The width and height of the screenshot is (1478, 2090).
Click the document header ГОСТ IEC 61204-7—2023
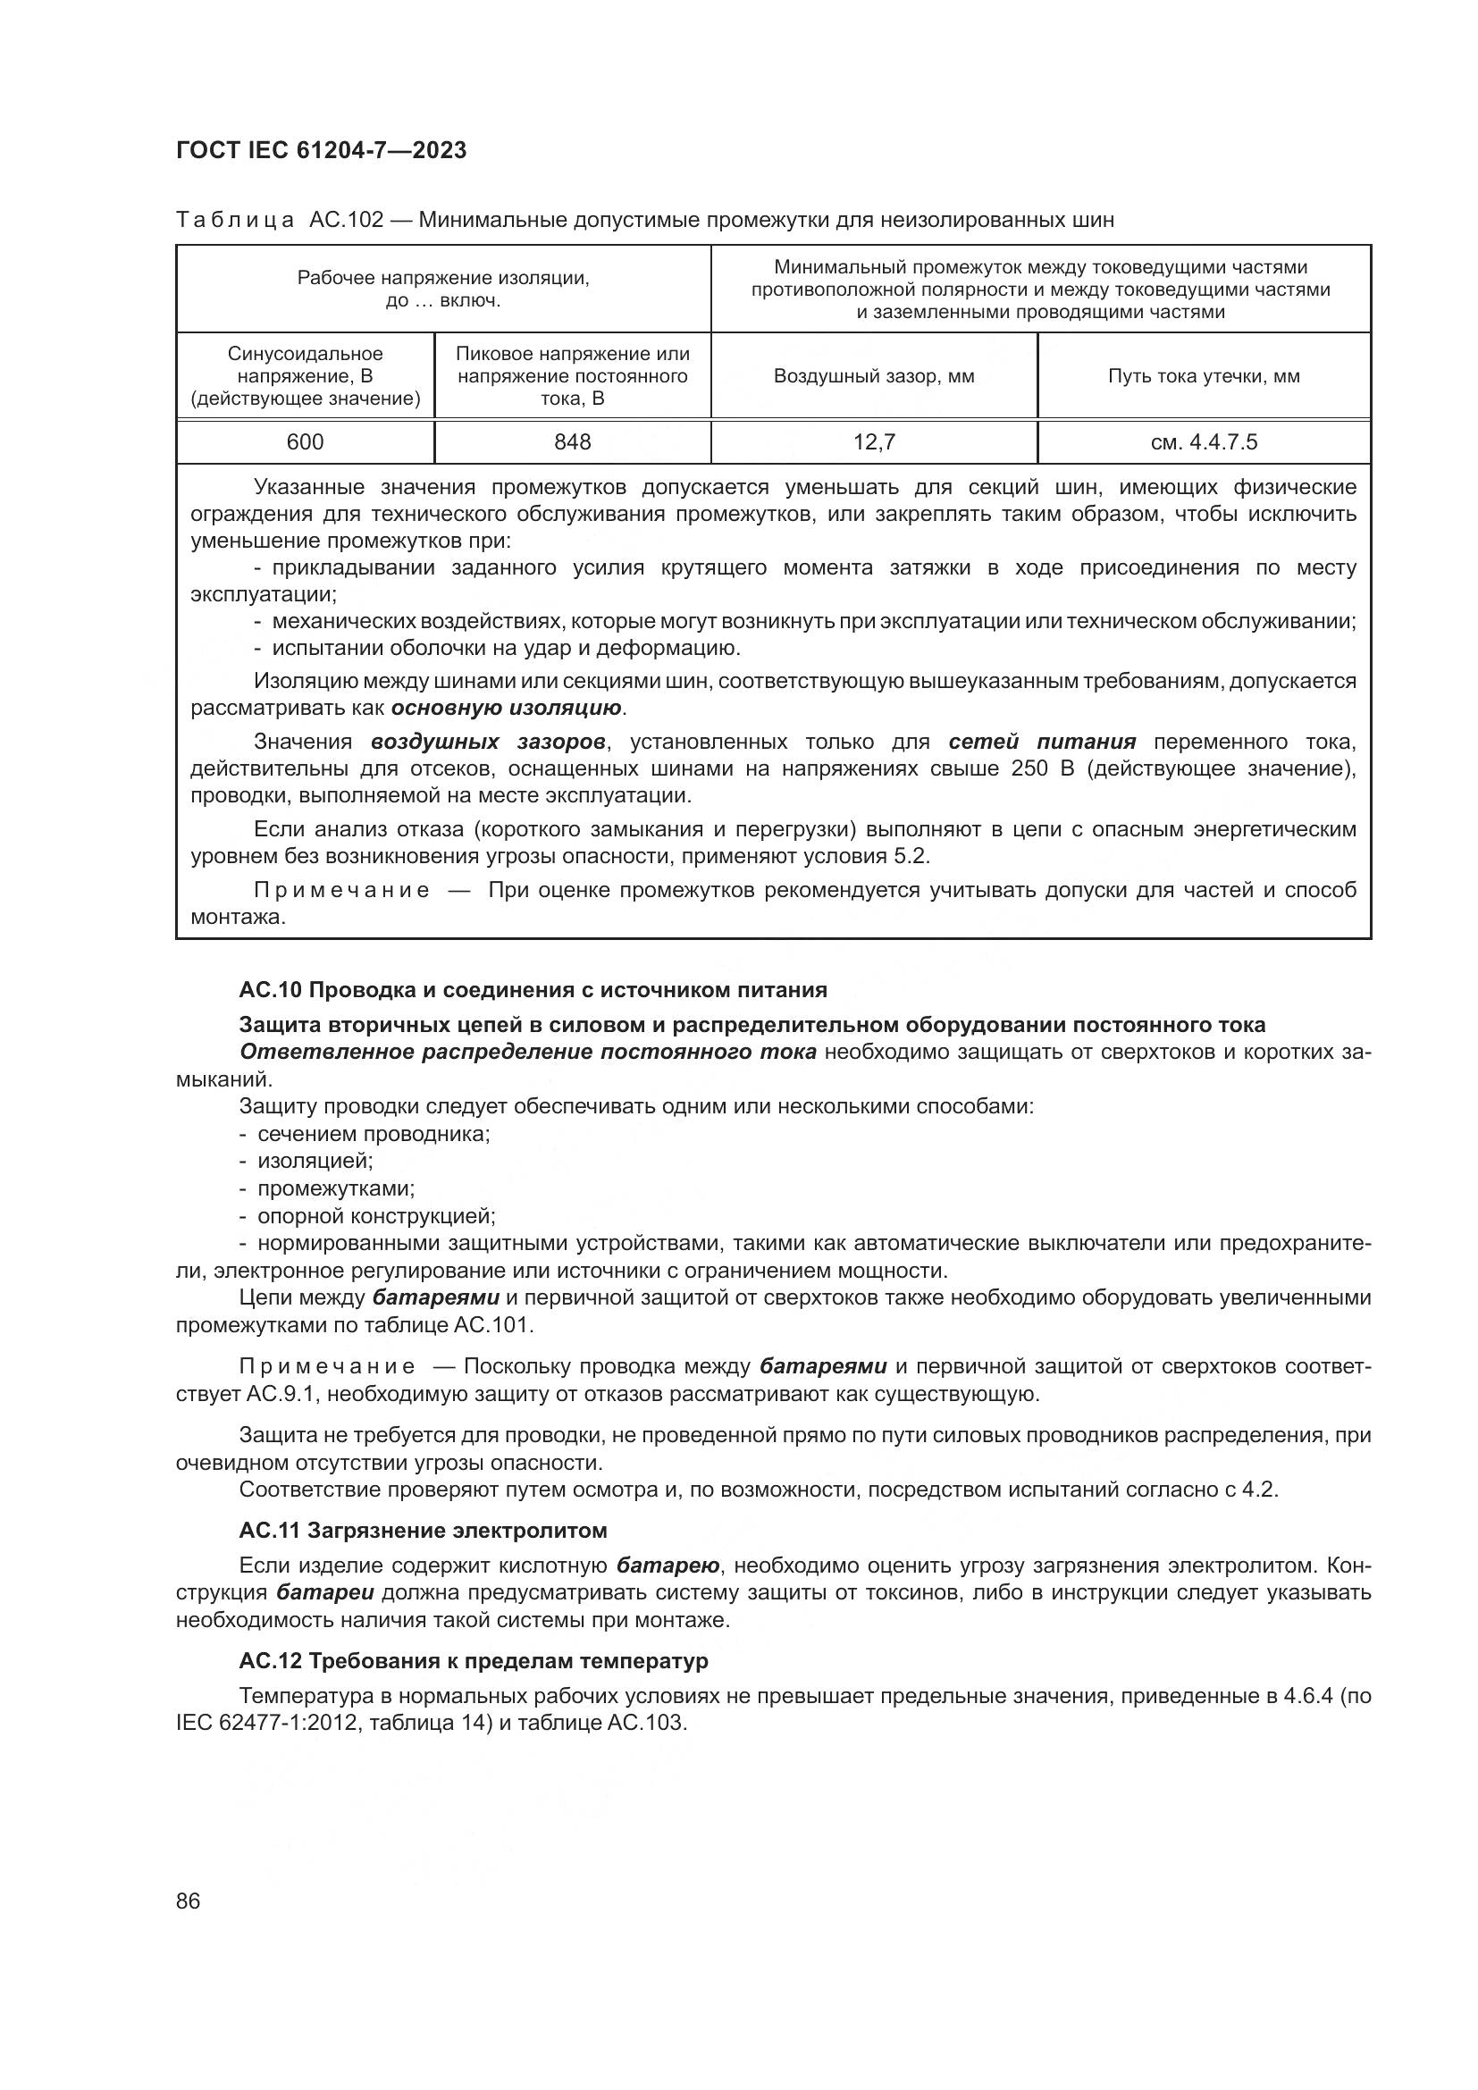pos(322,151)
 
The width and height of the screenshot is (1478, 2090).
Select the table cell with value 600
pos(305,442)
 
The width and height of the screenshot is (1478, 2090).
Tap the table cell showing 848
pos(573,442)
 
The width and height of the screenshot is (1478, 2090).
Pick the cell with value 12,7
pos(874,442)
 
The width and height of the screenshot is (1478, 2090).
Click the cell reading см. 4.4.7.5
pos(1203,442)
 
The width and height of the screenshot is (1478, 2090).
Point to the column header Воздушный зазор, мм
pos(874,376)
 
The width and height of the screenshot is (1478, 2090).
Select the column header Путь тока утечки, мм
pos(1203,376)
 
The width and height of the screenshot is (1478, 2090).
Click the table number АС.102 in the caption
pos(346,221)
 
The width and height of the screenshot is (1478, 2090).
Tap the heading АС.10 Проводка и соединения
pos(533,989)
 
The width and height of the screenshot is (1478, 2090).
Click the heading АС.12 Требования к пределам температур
pos(474,1661)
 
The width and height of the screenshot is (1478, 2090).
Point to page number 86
pos(189,1901)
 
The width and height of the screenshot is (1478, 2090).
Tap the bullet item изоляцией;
pos(315,1161)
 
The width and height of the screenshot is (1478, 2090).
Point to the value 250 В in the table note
pos(1041,768)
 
